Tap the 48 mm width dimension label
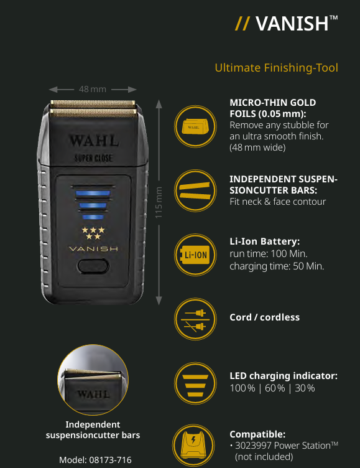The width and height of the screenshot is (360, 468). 93,89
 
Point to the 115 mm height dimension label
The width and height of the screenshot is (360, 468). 159,202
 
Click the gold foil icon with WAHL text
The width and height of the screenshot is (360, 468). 195,126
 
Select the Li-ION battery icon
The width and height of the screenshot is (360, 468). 195,255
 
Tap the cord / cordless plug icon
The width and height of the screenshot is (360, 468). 195,319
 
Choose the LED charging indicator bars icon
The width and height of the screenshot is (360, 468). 195,383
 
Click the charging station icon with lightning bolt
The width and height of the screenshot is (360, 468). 193,446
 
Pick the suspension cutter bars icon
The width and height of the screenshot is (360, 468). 195,190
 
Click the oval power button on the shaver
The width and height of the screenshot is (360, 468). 93,266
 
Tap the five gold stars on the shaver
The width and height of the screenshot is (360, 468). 93,233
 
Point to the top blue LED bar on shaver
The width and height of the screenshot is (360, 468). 93,193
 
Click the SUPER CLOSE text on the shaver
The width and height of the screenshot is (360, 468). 93,158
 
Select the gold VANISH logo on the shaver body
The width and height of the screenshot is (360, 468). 93,249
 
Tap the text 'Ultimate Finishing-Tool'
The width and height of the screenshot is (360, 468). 277,68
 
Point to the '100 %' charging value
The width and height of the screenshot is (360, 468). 242,388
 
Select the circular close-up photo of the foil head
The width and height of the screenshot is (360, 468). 93,380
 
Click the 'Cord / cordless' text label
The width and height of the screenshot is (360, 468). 264,317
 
